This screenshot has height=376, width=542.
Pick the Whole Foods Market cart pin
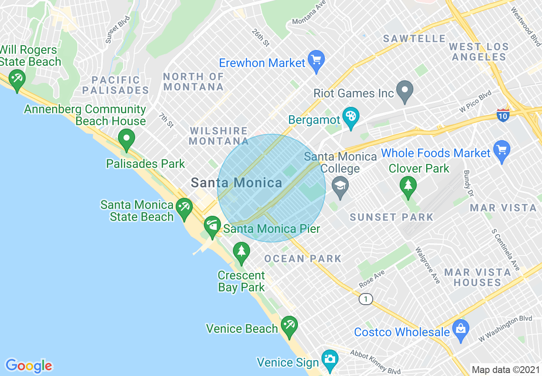[501, 151]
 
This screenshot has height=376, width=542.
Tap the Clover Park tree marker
[408, 187]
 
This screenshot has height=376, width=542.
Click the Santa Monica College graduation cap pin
[340, 187]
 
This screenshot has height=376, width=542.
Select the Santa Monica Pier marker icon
[212, 226]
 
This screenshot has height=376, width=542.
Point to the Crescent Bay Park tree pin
[242, 252]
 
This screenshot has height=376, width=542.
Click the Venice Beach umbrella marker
[289, 326]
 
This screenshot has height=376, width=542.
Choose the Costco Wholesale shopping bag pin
[461, 330]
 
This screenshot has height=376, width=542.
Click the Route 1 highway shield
[365, 299]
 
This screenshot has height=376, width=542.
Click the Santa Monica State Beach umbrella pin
[184, 208]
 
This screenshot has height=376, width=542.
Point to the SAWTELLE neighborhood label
[414, 39]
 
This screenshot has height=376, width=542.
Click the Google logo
[29, 366]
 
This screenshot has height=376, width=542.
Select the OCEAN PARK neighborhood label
[303, 258]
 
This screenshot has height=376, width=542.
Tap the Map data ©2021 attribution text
[505, 370]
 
